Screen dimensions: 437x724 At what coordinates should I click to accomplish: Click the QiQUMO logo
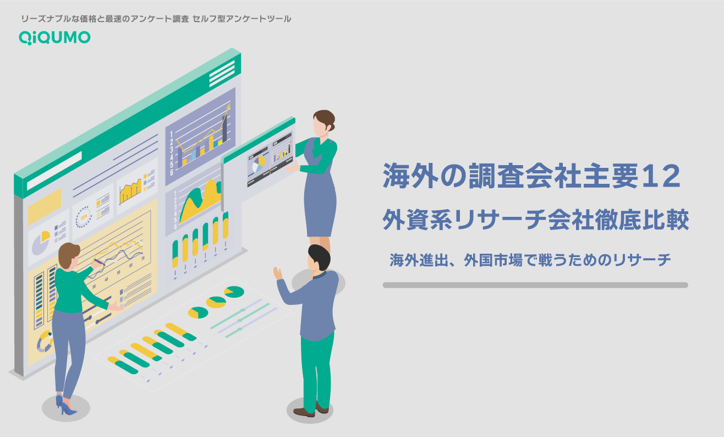pyautogui.click(x=54, y=37)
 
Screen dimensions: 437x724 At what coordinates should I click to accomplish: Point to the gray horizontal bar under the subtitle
pyautogui.click(x=535, y=285)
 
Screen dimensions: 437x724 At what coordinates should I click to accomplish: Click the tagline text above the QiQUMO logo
pyautogui.click(x=156, y=19)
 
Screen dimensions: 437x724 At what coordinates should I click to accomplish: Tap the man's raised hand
pyautogui.click(x=278, y=273)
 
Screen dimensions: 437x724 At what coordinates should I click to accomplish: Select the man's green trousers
pyautogui.click(x=317, y=369)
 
